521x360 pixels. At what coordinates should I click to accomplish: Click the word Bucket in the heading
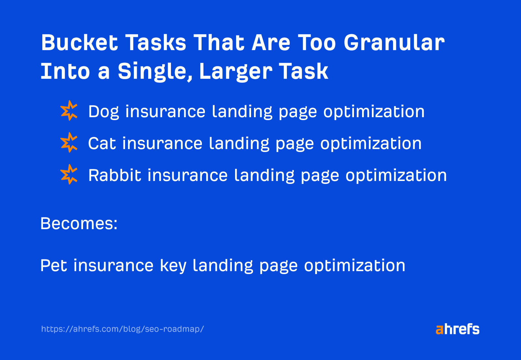point(79,43)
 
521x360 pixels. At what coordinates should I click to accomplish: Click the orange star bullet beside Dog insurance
point(69,111)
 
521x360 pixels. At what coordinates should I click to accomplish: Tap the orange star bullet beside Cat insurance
point(69,143)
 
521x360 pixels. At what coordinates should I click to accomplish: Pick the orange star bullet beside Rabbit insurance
point(69,174)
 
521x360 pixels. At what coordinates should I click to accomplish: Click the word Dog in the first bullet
point(104,112)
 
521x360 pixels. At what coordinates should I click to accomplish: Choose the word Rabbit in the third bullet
point(115,175)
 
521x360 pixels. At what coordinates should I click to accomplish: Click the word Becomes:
point(79,224)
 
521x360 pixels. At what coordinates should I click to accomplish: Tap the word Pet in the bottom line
point(53,265)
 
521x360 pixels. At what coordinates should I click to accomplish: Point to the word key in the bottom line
point(173,266)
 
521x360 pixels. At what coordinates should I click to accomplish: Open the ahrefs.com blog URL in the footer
point(122,329)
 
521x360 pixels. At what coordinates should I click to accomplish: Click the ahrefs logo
point(458,329)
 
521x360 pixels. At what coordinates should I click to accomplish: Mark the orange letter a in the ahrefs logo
point(440,330)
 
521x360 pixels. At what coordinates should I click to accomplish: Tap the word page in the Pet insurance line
point(278,266)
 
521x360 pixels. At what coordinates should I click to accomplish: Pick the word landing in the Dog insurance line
point(242,112)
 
